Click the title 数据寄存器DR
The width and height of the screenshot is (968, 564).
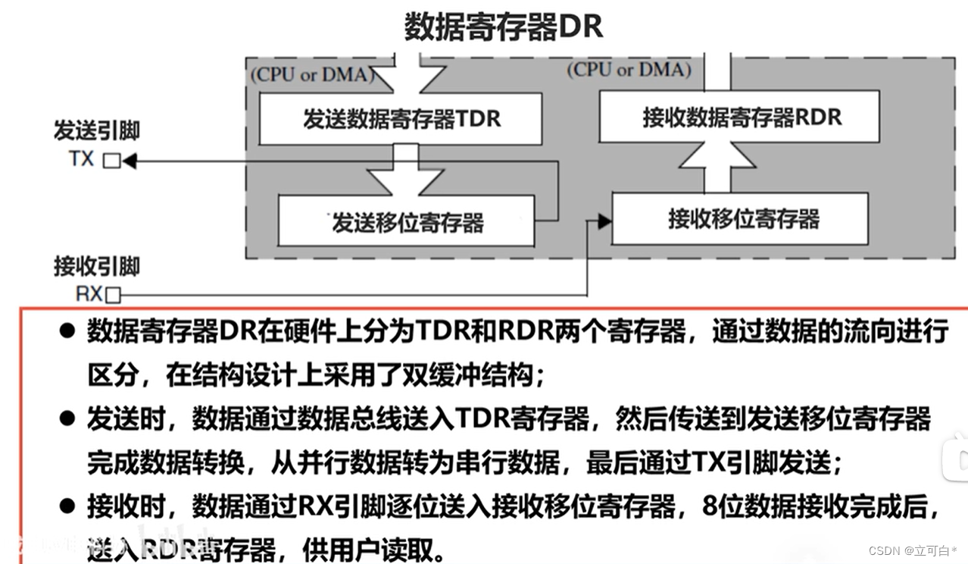504,27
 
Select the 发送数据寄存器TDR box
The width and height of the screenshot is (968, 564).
401,119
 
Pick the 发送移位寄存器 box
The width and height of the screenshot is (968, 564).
407,221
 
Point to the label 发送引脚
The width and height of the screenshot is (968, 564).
96,130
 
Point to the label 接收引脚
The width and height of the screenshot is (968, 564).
96,266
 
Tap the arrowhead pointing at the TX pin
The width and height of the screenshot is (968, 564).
129,161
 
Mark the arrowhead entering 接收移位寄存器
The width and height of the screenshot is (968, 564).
604,221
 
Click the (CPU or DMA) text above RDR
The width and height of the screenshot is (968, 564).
629,70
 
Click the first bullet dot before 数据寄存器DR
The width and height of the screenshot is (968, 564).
67,331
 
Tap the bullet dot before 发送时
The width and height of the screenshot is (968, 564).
67,418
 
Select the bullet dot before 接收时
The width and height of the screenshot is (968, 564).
67,506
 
